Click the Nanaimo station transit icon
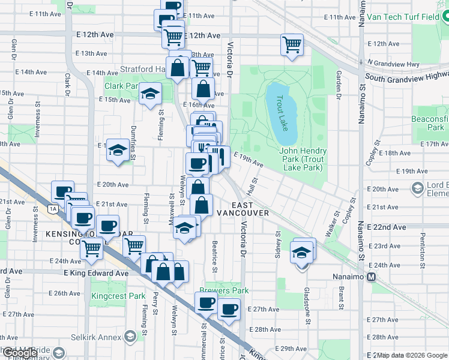pos(372,277)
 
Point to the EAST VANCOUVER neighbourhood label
pos(243,209)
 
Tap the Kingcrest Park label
pos(118,296)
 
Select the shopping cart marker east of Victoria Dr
pos(292,44)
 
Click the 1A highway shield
pos(53,208)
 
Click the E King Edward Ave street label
pos(96,273)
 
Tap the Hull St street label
pos(254,181)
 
